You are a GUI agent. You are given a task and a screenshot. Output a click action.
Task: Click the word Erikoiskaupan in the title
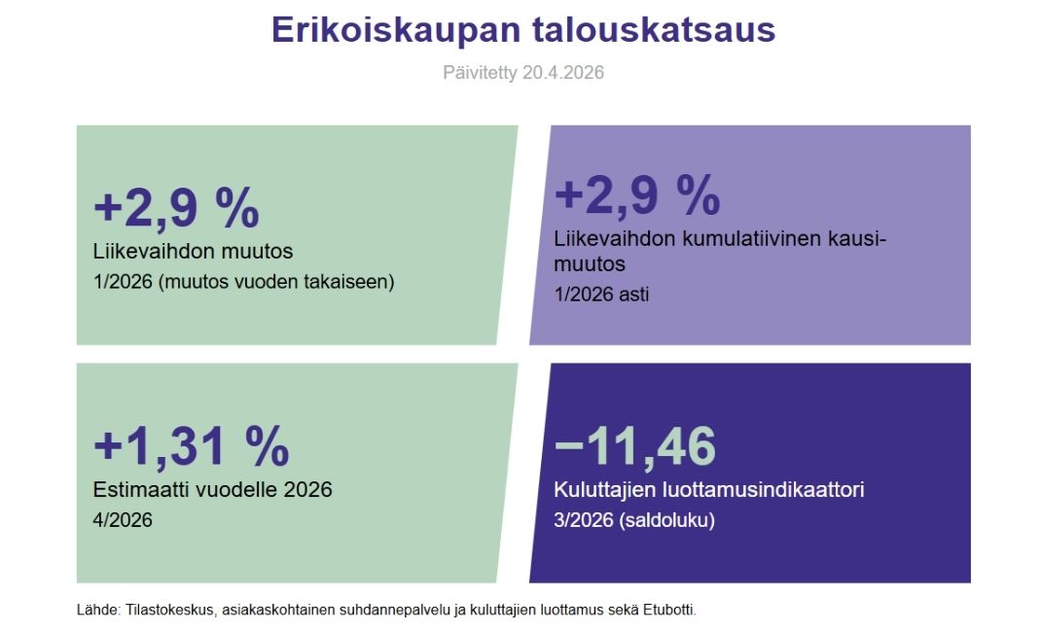click(x=396, y=30)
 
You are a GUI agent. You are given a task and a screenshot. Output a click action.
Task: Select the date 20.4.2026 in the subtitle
click(x=563, y=72)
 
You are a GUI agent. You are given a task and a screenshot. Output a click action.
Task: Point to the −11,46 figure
click(x=635, y=445)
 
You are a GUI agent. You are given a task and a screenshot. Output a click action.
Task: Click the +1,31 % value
click(x=192, y=445)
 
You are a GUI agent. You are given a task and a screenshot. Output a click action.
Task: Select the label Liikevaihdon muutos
click(x=193, y=251)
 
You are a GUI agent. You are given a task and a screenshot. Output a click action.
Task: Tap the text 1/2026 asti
click(x=601, y=294)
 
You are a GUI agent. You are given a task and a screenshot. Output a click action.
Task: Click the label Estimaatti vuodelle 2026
click(x=212, y=489)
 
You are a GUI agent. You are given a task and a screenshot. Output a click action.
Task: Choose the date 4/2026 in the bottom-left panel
click(x=123, y=519)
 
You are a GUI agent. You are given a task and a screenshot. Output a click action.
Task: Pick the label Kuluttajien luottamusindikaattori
click(x=709, y=489)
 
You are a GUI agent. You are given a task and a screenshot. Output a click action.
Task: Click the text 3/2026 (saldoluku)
click(x=634, y=520)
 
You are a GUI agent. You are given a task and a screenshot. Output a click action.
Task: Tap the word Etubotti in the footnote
click(x=669, y=610)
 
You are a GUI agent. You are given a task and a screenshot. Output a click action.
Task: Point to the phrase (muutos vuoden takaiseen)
click(x=276, y=282)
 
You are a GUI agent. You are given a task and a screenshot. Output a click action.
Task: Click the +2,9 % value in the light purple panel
click(x=637, y=195)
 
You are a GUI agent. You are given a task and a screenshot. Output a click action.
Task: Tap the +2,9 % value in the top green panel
click(x=177, y=207)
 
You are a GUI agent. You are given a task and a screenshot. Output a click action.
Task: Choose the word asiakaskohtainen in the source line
click(x=278, y=610)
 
